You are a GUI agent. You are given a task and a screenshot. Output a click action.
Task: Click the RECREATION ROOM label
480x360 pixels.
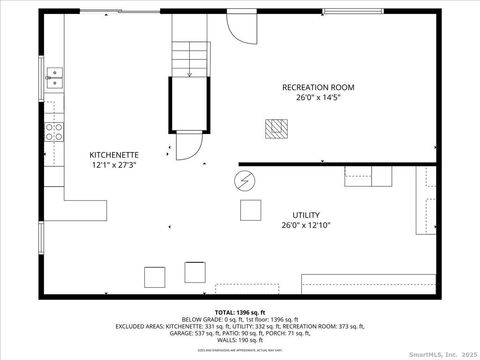pos(318,87)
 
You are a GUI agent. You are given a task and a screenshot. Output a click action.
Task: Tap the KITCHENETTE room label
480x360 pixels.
pos(114,154)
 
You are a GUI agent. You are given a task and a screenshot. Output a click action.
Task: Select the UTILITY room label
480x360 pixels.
pos(306,215)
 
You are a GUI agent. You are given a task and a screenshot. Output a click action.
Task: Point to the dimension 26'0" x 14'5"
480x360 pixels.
pos(318,97)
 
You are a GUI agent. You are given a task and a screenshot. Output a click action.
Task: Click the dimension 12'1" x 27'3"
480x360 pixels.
pos(114,164)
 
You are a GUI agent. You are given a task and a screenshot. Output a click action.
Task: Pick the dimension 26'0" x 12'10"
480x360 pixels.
pos(306,225)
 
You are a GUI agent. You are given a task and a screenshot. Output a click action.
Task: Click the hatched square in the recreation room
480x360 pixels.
pos(275,127)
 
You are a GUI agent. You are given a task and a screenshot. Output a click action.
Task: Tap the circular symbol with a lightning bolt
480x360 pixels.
pos(243,181)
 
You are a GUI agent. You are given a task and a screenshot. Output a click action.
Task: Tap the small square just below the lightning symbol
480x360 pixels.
pos(249,210)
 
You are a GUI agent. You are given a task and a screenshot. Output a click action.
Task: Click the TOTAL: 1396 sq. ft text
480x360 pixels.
pos(240,310)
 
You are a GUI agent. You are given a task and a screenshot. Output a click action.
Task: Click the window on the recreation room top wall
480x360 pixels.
pos(353,11)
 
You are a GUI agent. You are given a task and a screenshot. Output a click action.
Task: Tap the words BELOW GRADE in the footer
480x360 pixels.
pos(199,318)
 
